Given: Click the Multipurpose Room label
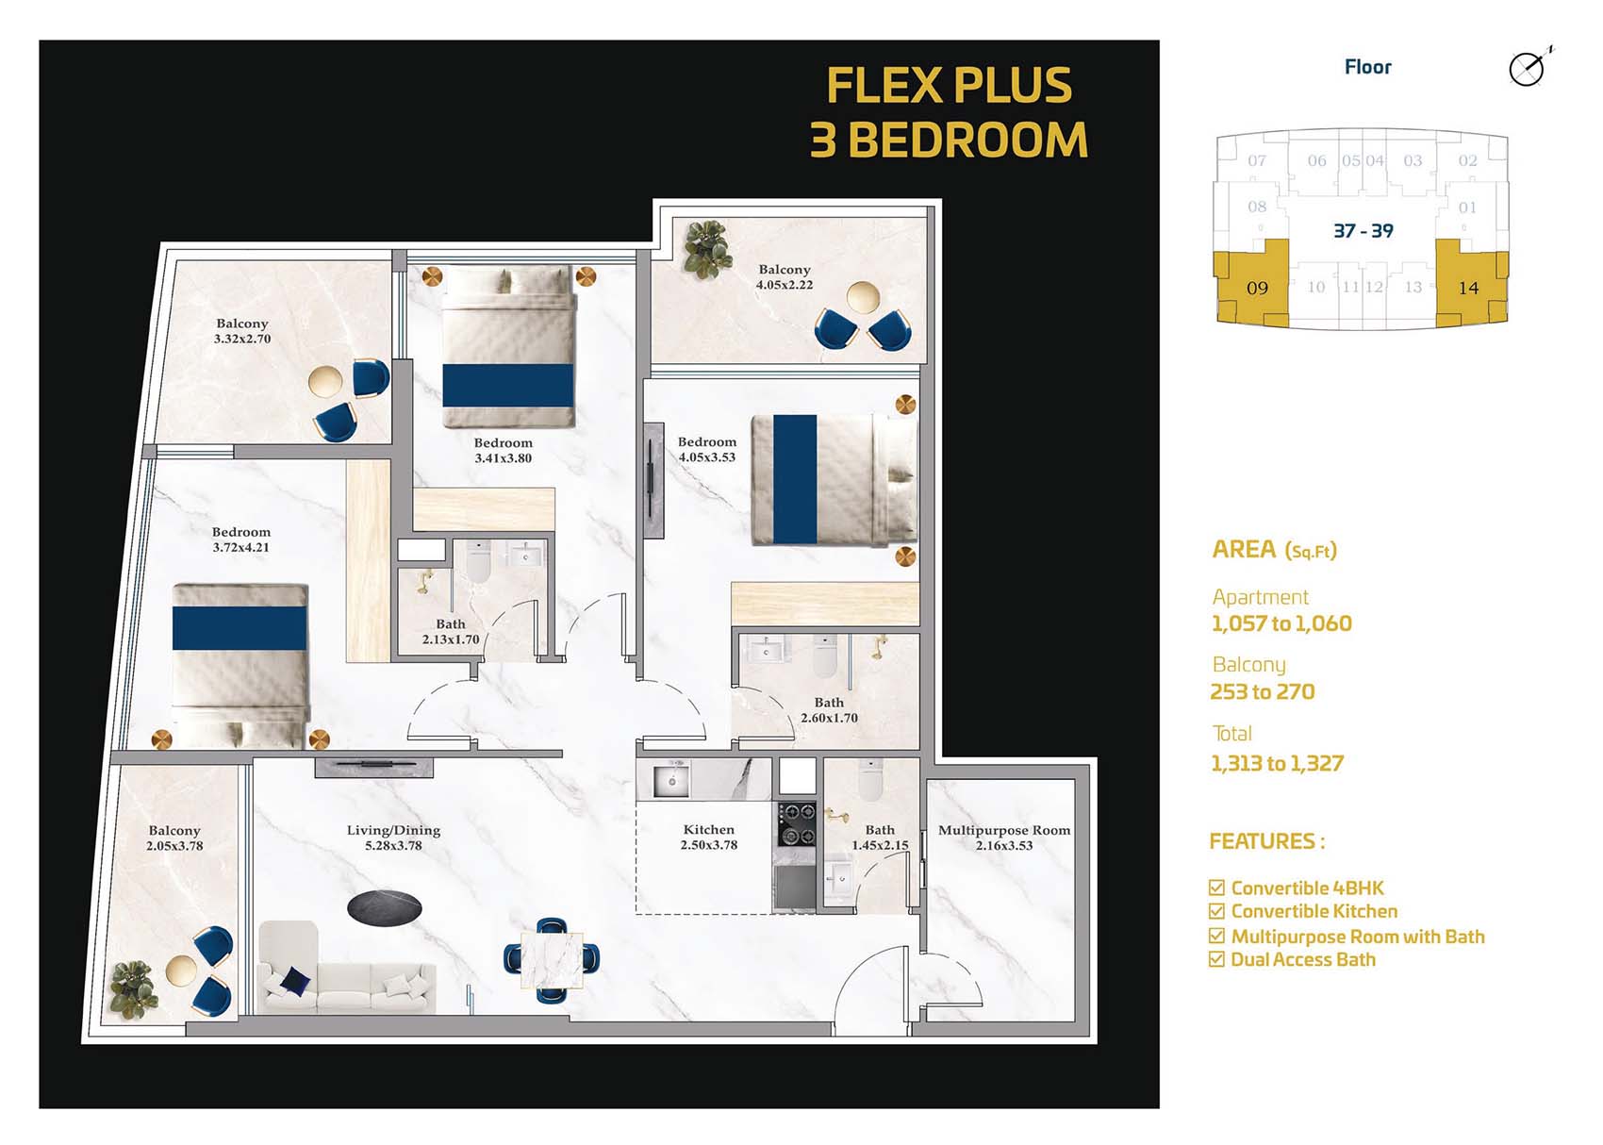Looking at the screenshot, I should (1004, 837).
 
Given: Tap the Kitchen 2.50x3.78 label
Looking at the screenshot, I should (709, 837).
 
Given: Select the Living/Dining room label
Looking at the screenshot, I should (393, 837).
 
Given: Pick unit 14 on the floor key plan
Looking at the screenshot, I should (1468, 288).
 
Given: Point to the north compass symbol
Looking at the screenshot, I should (1528, 69).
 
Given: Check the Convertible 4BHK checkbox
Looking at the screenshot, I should (1216, 888).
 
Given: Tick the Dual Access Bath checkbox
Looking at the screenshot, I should (1216, 960).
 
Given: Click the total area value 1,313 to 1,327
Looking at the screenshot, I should (1277, 763).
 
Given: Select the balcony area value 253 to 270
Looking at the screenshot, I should (1262, 691).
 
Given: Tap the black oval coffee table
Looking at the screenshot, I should (384, 908).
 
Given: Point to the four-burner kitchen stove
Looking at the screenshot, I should (796, 823).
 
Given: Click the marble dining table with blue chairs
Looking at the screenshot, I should (552, 959).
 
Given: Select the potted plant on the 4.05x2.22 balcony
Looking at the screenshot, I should (707, 248).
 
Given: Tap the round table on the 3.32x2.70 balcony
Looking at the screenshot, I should (326, 382).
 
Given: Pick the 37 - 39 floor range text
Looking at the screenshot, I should (1363, 231).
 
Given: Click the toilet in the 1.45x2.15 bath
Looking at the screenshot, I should (869, 781).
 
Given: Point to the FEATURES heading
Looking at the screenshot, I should (1265, 841).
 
